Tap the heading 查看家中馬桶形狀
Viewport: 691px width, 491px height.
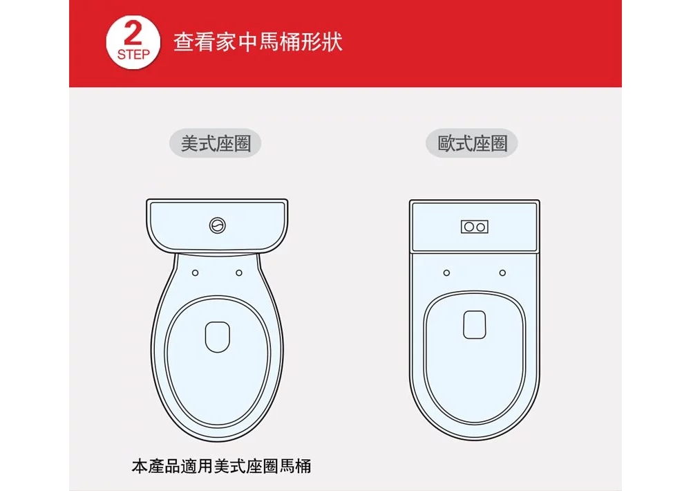(258, 43)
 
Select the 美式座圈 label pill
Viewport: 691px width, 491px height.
(216, 144)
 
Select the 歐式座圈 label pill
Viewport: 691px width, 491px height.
(473, 144)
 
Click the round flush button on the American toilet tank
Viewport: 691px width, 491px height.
(217, 225)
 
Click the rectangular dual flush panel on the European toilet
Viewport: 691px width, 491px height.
(474, 227)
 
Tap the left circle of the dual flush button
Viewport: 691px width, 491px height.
(468, 227)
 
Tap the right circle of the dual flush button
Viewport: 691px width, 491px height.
(480, 227)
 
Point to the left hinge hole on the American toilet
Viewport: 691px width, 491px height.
(196, 272)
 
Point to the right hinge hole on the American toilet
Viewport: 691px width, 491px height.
(238, 272)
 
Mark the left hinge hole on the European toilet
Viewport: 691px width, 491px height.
(446, 272)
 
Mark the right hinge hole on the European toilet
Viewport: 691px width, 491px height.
(502, 272)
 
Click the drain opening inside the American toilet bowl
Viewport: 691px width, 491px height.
(217, 335)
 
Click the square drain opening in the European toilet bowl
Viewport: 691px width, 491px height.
(475, 325)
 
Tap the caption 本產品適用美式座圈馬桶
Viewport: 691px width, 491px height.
(221, 465)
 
